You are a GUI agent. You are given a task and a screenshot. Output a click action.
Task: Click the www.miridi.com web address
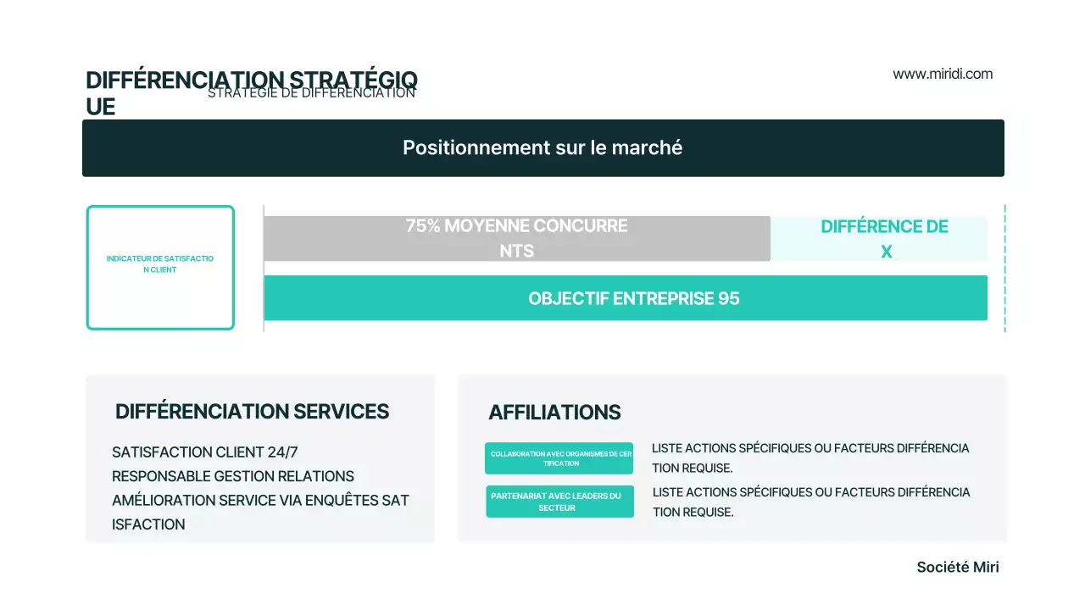(943, 74)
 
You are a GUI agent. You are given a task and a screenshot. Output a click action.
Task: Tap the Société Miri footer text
(958, 568)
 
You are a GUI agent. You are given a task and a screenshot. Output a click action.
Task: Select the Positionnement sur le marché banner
(542, 148)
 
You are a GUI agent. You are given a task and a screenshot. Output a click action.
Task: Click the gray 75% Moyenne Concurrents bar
(516, 239)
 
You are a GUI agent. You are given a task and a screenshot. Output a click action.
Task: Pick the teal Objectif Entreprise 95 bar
(626, 298)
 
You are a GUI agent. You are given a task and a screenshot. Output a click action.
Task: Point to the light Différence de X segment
(879, 239)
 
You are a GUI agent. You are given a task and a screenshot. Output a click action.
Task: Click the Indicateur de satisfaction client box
(160, 268)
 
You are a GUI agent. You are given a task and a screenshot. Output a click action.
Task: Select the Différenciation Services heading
(252, 412)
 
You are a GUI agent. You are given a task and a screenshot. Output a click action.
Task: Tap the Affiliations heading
(554, 413)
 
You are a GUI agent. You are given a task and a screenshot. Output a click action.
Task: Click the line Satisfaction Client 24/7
(205, 452)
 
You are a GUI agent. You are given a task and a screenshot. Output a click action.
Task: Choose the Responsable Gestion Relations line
(233, 476)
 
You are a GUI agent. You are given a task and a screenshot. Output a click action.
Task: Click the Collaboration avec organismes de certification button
(559, 458)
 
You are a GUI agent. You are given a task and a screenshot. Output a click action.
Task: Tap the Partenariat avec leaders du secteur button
(559, 502)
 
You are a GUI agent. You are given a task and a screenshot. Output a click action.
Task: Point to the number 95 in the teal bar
(729, 299)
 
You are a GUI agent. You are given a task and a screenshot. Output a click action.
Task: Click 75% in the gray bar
(423, 226)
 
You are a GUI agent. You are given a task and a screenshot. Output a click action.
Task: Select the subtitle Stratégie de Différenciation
(311, 93)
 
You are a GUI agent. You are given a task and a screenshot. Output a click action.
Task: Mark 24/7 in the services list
(282, 452)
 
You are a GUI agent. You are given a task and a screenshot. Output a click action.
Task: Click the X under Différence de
(886, 252)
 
